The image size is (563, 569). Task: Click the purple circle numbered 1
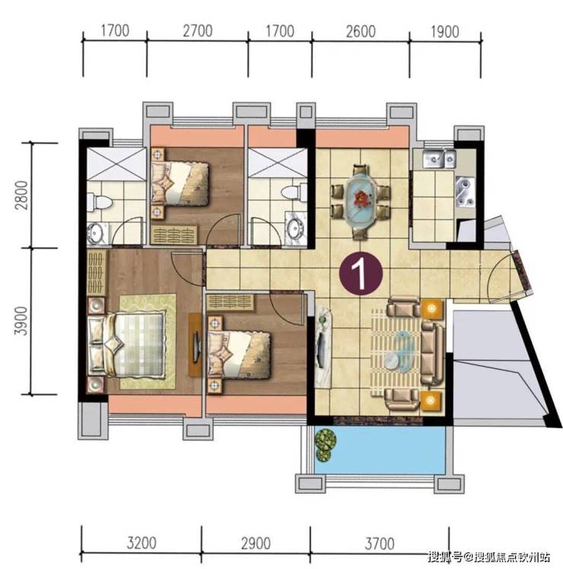pos(361,274)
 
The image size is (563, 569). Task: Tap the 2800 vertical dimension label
pos(22,195)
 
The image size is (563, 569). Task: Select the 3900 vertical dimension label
pos(22,321)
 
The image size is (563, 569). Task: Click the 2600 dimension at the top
pos(361,32)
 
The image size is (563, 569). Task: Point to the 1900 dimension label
pos(444,32)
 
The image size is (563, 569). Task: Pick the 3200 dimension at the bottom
pos(142,543)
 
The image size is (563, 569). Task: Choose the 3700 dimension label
pos(380,544)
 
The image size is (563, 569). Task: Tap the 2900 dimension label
pos(256,544)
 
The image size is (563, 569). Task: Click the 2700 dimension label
pos(198,31)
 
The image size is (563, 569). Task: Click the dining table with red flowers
pos(361,201)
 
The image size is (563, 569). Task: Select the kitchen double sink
pos(438,159)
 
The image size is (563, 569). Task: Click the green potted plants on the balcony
pos(325,445)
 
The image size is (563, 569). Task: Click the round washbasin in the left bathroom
pos(96,231)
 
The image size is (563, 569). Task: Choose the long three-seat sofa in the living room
pos(433,353)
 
